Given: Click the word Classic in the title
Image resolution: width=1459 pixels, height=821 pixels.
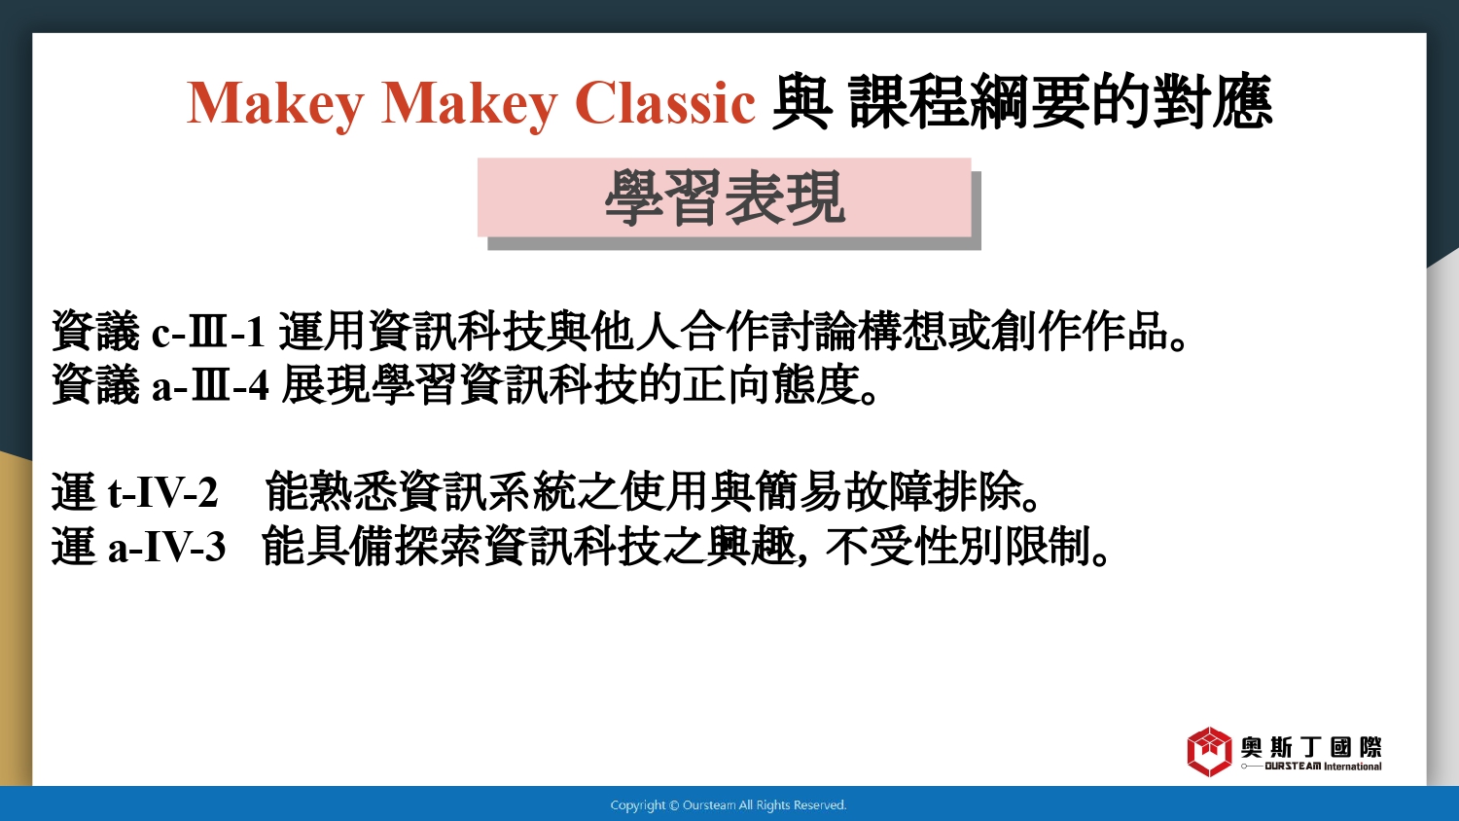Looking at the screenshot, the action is (665, 103).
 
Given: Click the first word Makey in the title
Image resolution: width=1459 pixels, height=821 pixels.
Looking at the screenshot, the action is (275, 104).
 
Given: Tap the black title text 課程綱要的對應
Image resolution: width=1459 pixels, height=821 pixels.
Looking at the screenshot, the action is (1060, 101).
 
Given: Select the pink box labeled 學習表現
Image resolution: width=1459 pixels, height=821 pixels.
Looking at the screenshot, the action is (725, 197).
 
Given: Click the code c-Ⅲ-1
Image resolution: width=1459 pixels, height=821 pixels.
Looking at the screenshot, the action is (208, 332).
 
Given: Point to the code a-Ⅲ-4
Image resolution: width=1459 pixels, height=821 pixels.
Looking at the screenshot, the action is (210, 385).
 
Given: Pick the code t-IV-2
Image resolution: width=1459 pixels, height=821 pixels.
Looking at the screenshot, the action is (162, 492).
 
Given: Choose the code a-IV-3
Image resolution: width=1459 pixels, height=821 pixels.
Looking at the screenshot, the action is (166, 546).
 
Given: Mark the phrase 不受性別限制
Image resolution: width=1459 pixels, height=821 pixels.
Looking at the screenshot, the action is (959, 546).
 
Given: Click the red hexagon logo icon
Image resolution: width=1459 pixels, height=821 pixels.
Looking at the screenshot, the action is (1209, 751).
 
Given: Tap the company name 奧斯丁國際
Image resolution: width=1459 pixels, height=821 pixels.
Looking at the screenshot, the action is (1311, 747).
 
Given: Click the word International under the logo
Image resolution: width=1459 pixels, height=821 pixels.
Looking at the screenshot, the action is (1352, 767).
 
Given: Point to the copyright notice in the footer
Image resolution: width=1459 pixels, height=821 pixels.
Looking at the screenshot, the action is (729, 805).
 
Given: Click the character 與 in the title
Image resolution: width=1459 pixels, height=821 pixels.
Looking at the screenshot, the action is (801, 102).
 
